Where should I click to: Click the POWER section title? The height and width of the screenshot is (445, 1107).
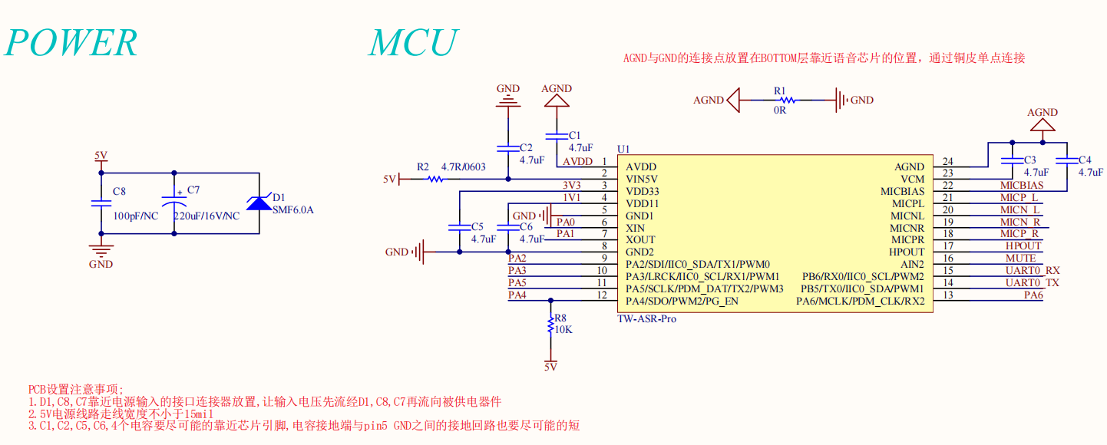[x=71, y=43]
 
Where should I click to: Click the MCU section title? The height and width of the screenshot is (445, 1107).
[x=413, y=43]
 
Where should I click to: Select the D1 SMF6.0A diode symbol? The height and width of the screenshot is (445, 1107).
[x=256, y=203]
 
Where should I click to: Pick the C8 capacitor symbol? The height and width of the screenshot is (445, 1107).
[x=101, y=203]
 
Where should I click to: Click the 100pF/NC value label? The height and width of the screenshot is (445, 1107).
[x=135, y=216]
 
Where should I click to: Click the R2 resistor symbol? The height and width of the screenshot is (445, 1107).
[x=435, y=179]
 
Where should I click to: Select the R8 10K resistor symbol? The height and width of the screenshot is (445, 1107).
[x=550, y=325]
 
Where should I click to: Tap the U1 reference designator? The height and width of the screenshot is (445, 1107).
[x=623, y=149]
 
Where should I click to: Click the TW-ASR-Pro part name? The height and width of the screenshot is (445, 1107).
[x=646, y=318]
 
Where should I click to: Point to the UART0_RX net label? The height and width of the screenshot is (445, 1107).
[x=1033, y=270]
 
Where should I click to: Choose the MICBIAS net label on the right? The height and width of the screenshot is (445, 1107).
[x=1021, y=185]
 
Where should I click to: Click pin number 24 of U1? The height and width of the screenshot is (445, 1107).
[x=948, y=162]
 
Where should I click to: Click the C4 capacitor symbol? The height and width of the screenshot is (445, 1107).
[x=1066, y=160]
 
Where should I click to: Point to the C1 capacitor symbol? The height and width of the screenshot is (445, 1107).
[x=556, y=136]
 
